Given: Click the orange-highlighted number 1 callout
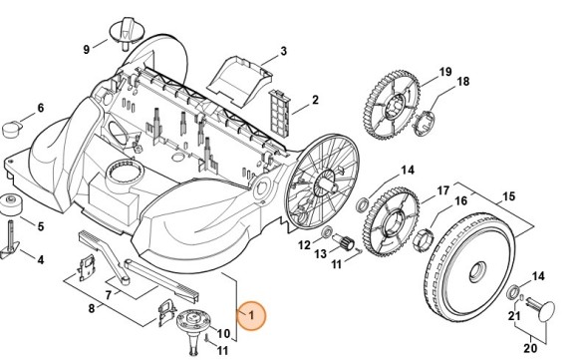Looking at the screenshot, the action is pos(251,315).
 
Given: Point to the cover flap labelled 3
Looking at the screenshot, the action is pos(239,81).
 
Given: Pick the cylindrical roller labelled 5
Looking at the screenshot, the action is pos(11,204).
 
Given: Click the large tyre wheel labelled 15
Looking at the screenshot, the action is pos(468,267).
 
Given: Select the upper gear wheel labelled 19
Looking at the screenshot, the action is pos(392,106).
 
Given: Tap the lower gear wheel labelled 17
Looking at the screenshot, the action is pos(391,222).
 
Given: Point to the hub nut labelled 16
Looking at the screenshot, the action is pos(422,239).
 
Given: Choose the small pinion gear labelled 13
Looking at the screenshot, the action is pos(345,242).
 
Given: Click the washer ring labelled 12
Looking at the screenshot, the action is pos(326,232).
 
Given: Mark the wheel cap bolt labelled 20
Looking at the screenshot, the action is pos(541,311).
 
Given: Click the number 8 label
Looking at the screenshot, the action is pos(92,308).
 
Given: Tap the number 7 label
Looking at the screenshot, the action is pos(109,295).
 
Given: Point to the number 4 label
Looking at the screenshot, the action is pos(41,259).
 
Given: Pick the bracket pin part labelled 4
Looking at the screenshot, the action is pos(10,239).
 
